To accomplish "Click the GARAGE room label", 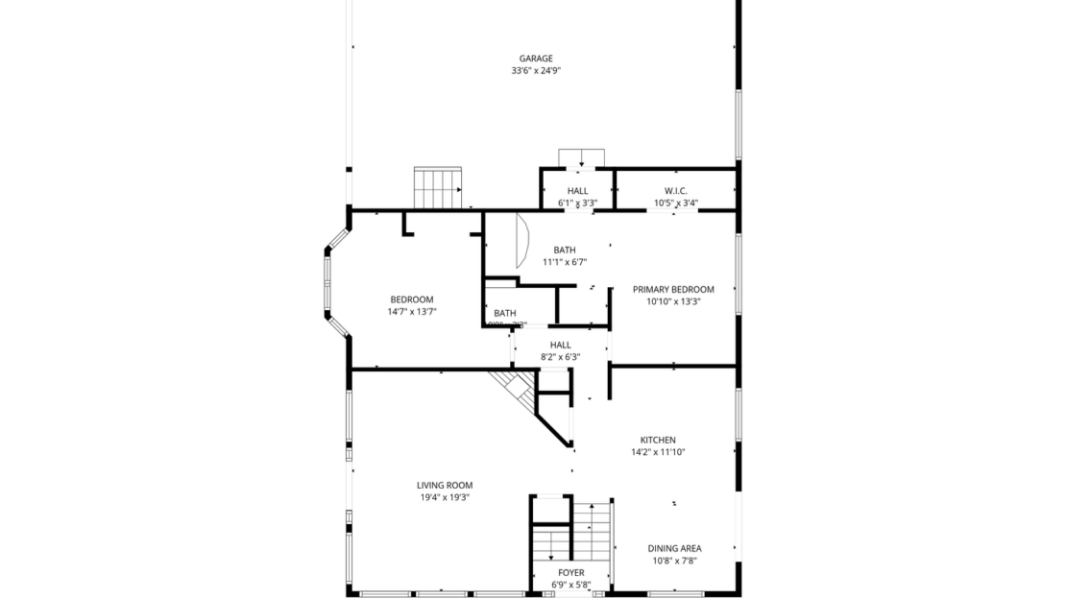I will pyautogui.click(x=535, y=59).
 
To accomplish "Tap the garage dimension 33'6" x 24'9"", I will pyautogui.click(x=535, y=71).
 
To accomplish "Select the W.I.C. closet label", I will pyautogui.click(x=676, y=191).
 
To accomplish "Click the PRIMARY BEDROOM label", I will pyautogui.click(x=673, y=289).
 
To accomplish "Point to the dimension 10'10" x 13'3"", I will pyautogui.click(x=673, y=301).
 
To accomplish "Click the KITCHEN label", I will pyautogui.click(x=658, y=440).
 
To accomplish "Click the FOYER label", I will pyautogui.click(x=570, y=572).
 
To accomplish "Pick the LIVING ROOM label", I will pyautogui.click(x=445, y=485).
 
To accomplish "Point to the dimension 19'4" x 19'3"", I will pyautogui.click(x=445, y=497).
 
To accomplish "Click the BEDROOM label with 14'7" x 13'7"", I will pyautogui.click(x=412, y=299).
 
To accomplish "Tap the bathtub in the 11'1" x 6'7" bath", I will pyautogui.click(x=521, y=240).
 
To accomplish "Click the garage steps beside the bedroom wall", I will pyautogui.click(x=438, y=187).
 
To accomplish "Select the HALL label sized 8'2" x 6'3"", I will pyautogui.click(x=561, y=345).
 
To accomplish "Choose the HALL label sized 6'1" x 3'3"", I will pyautogui.click(x=577, y=191).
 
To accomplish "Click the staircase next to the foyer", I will pyautogui.click(x=593, y=530).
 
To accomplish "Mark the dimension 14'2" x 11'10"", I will pyautogui.click(x=658, y=452).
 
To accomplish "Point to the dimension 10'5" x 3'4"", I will pyautogui.click(x=676, y=203).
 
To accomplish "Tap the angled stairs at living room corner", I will pyautogui.click(x=513, y=386).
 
